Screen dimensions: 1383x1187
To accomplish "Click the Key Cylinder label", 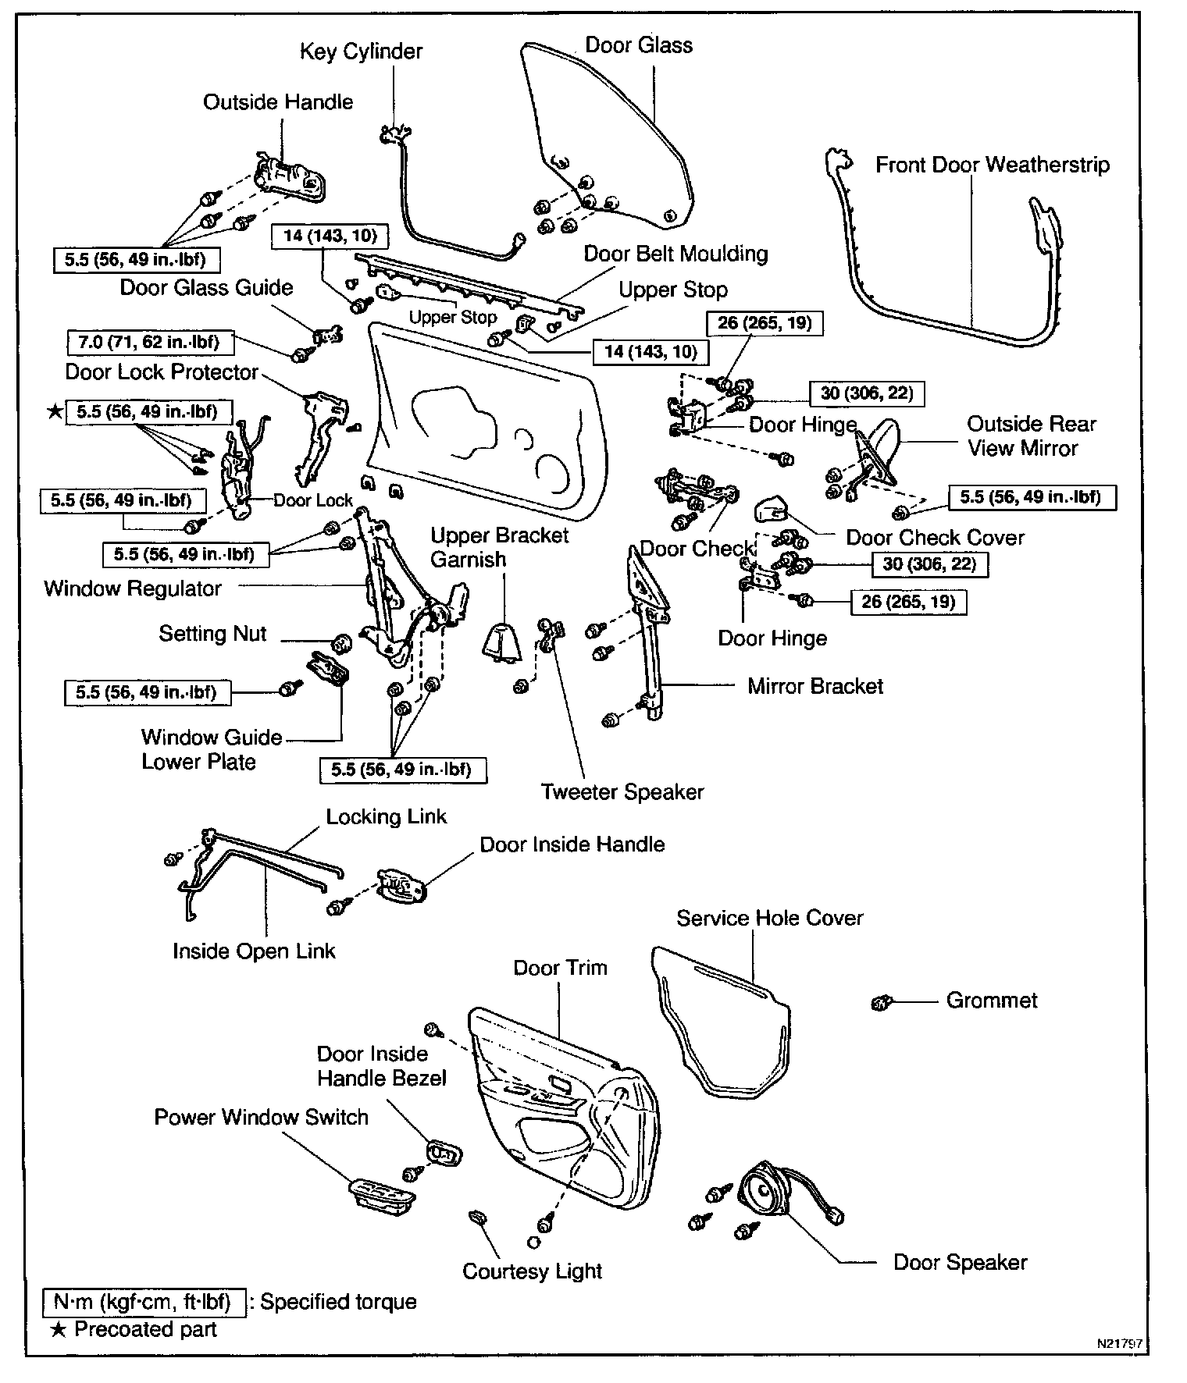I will (361, 52).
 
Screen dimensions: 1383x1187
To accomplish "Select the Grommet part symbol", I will (880, 1002).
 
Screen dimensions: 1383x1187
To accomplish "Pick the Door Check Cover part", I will (772, 510).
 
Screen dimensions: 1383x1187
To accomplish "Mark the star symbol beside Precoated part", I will (59, 1330).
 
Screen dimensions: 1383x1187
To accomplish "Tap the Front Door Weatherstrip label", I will (992, 165).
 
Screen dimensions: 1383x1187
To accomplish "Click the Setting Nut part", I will (342, 644).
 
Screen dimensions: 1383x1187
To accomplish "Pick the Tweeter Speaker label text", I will (622, 792).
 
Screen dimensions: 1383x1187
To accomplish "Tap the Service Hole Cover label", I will (769, 918).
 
